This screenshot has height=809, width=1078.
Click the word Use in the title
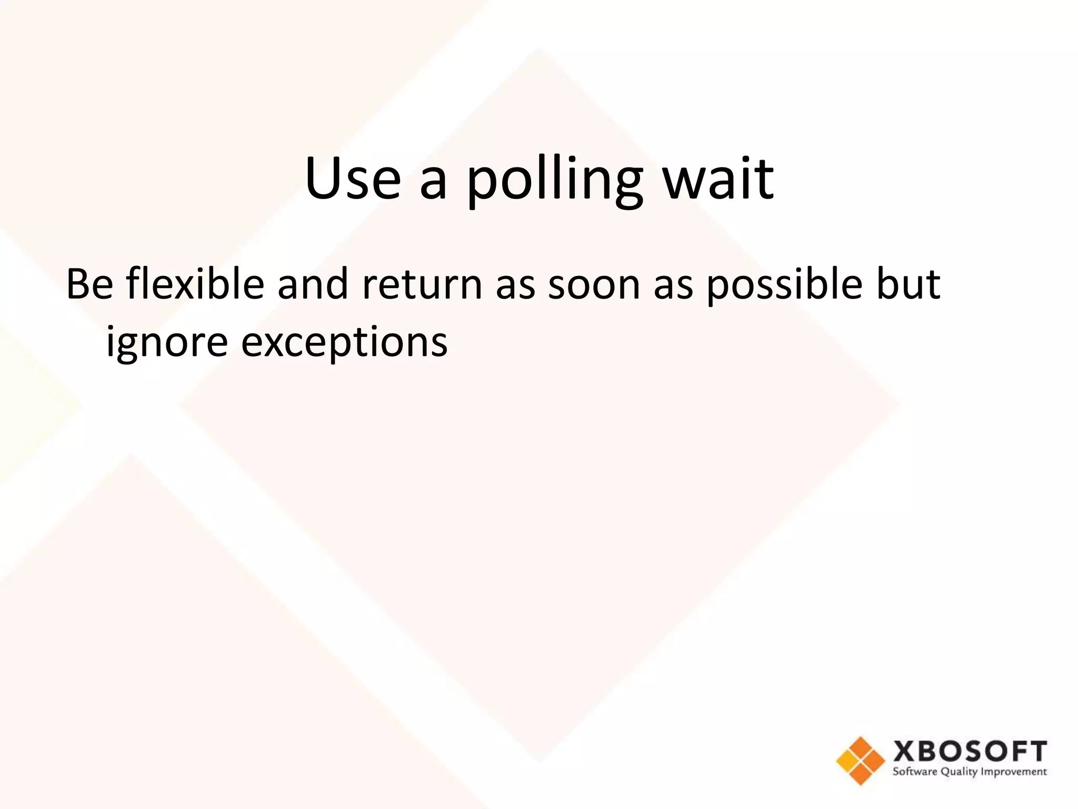[353, 179]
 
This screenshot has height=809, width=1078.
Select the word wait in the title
[718, 179]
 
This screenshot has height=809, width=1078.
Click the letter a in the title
[434, 184]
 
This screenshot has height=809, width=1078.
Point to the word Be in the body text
[89, 285]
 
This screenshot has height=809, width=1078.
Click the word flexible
[195, 285]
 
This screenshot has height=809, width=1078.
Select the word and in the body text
[313, 285]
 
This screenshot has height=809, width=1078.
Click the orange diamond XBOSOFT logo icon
[861, 761]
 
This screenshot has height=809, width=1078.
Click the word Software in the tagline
[915, 772]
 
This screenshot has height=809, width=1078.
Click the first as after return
[515, 289]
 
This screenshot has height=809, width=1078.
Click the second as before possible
[673, 289]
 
